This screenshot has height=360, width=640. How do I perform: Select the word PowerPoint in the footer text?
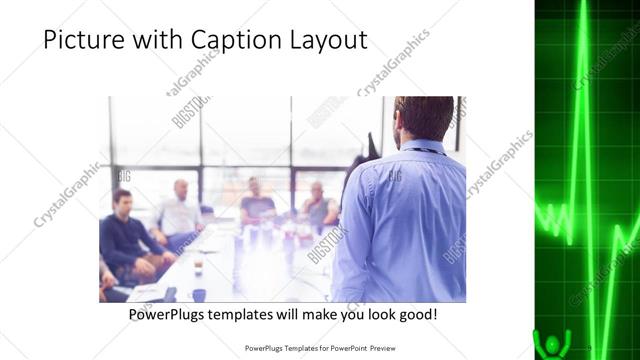[x=343, y=349]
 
